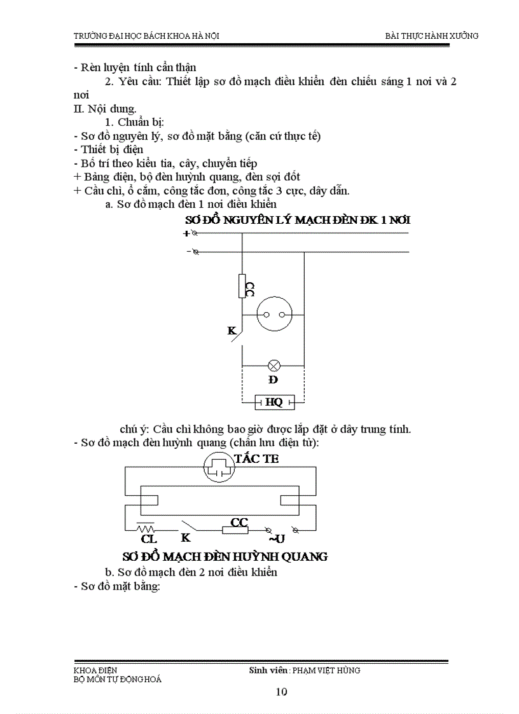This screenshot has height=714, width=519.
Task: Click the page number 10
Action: (282, 692)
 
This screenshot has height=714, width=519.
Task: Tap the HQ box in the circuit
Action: (274, 402)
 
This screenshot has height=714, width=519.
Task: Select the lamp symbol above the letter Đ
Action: (274, 366)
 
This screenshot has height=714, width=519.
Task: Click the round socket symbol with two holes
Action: (273, 315)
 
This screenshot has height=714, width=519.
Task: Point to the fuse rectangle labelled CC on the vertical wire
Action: (242, 286)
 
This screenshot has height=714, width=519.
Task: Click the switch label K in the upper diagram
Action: (232, 331)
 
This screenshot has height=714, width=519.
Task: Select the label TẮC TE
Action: (256, 459)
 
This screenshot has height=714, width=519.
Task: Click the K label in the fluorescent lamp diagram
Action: (186, 537)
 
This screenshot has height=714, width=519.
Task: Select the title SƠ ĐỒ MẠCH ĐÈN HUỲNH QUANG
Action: (225, 556)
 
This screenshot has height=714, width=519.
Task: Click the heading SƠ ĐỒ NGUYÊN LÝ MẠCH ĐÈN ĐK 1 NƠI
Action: (297, 220)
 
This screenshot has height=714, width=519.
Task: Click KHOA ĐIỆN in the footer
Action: (95, 670)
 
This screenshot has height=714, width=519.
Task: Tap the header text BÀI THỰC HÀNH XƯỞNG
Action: (432, 36)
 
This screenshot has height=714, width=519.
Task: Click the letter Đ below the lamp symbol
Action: (273, 380)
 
